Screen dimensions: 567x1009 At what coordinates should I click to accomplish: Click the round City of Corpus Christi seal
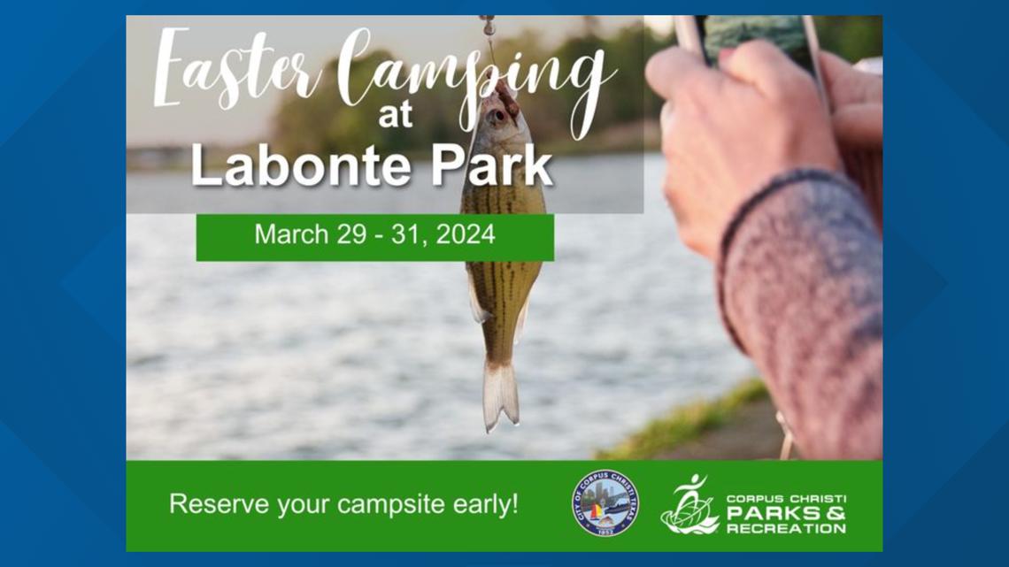point(605,503)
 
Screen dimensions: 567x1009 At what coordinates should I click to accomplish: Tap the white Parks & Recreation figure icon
point(689,505)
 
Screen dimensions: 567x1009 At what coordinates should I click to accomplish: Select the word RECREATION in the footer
point(786,529)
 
